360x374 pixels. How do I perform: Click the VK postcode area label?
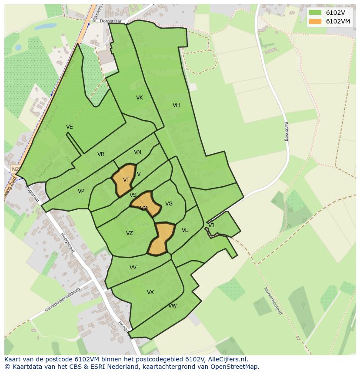pyautogui.click(x=139, y=98)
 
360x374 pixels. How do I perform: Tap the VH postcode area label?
pyautogui.click(x=176, y=105)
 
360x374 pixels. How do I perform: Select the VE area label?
pyautogui.click(x=70, y=127)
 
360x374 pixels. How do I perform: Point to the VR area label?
pyautogui.click(x=101, y=154)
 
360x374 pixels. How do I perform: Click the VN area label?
pyautogui.click(x=137, y=152)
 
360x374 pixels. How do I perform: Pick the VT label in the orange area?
pyautogui.click(x=126, y=180)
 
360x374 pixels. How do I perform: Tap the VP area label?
pyautogui.click(x=81, y=191)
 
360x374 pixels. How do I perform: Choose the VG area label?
pyautogui.click(x=169, y=204)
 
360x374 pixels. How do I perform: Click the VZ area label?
pyautogui.click(x=130, y=233)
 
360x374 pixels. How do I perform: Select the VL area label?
pyautogui.click(x=185, y=230)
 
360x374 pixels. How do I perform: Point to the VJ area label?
pyautogui.click(x=211, y=225)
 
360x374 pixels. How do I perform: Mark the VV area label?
pyautogui.click(x=133, y=268)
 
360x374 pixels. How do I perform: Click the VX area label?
pyautogui.click(x=150, y=292)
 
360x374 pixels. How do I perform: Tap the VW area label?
pyautogui.click(x=173, y=306)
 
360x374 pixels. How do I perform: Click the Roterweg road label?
pyautogui.click(x=287, y=131)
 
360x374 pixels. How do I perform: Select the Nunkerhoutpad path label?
pyautogui.click(x=273, y=301)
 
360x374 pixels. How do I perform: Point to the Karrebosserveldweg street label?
pyautogui.click(x=63, y=300)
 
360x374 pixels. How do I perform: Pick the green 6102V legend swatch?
pyautogui.click(x=315, y=13)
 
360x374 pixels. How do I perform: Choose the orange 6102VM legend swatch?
pyautogui.click(x=315, y=21)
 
